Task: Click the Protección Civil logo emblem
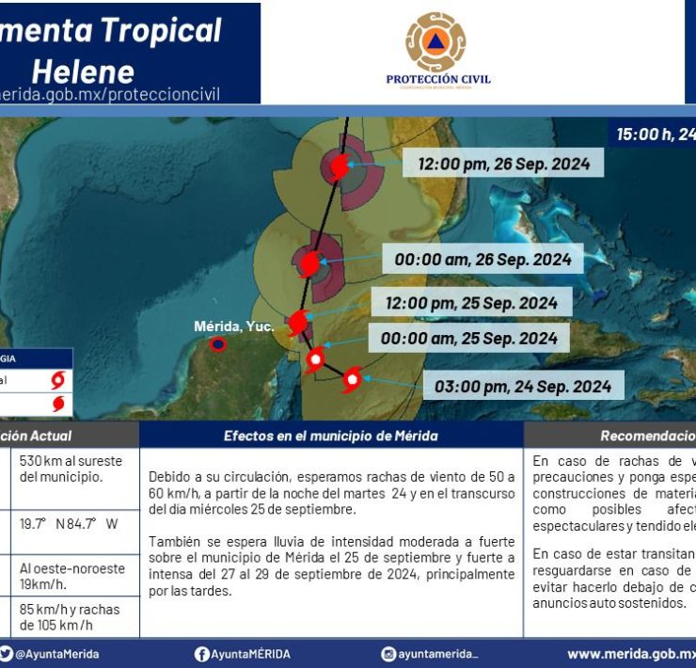click(435, 42)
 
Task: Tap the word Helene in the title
click(83, 71)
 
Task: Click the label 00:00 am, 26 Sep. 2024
click(482, 260)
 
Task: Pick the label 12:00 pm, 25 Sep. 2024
click(471, 303)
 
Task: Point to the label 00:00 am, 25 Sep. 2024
click(468, 338)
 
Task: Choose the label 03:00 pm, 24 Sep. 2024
click(523, 386)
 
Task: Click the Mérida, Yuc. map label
click(233, 326)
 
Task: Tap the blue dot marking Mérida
click(218, 344)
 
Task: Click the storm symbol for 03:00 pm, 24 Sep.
click(352, 379)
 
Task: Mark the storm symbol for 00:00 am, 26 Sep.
click(308, 262)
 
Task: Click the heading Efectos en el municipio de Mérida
click(330, 436)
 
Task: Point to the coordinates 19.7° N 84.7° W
click(69, 523)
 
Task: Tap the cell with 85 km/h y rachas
click(64, 616)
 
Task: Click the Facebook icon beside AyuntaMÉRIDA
click(201, 654)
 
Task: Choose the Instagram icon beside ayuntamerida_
click(388, 654)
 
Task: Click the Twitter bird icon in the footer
click(7, 654)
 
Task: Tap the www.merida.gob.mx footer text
click(630, 654)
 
